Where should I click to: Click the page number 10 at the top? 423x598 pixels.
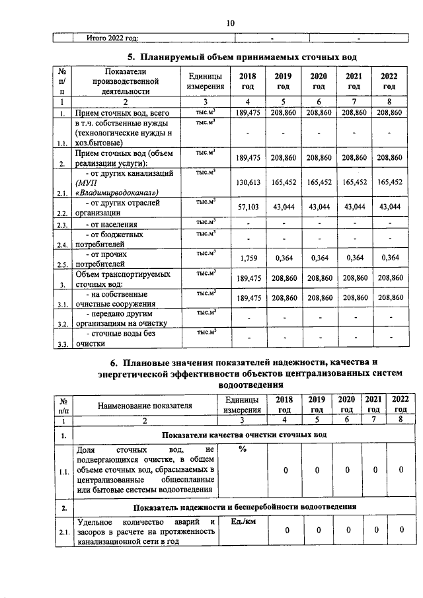tap(230, 23)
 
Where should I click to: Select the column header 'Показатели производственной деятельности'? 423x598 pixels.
tap(125, 81)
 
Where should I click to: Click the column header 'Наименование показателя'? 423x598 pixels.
tap(144, 405)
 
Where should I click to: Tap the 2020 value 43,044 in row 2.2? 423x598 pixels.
tap(319, 207)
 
